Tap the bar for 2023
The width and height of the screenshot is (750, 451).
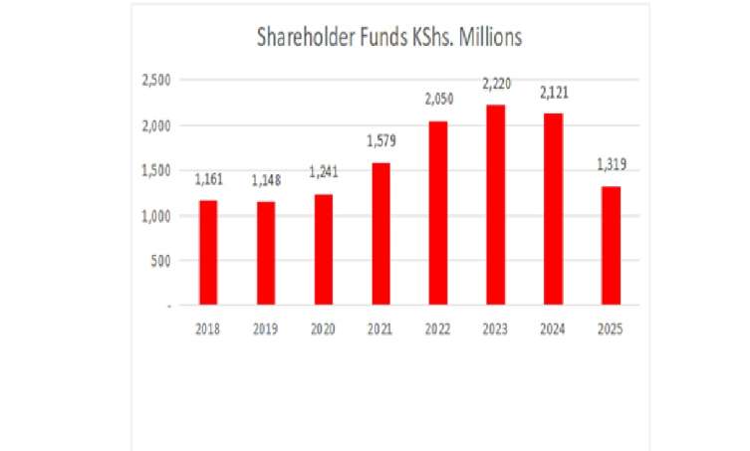[494, 204]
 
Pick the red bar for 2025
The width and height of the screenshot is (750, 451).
[610, 245]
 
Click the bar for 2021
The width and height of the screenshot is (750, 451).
[379, 233]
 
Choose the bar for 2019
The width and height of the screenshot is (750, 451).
[265, 253]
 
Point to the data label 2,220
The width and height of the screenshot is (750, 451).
[494, 87]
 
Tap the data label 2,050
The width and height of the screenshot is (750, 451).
[437, 103]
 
